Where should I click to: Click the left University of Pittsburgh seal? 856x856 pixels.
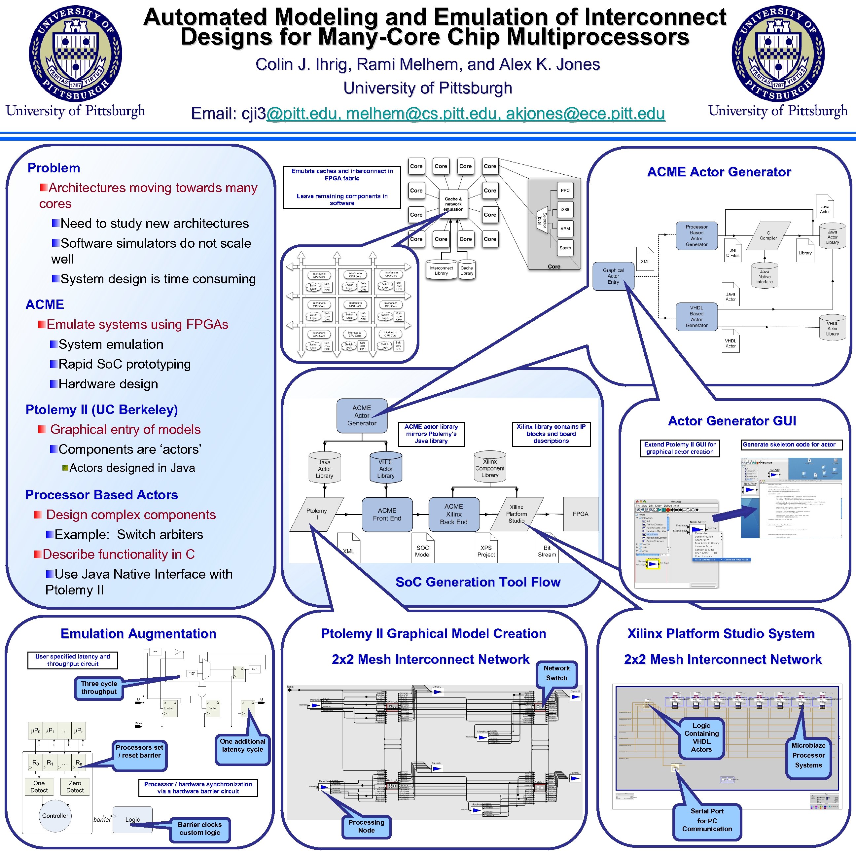pos(75,54)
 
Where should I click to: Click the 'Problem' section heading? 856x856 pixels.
pos(54,168)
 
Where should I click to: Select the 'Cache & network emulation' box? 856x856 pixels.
pos(453,204)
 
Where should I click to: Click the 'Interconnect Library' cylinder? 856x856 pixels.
pos(441,270)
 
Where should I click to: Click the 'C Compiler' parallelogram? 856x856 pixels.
pos(768,235)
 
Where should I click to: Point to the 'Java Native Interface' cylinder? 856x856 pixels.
pos(764,276)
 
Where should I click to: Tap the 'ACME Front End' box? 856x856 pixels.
pos(387,515)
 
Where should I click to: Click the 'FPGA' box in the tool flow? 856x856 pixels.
pos(580,514)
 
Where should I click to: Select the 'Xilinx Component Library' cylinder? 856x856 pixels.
pos(489,468)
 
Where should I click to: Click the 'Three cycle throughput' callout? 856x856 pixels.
pos(99,688)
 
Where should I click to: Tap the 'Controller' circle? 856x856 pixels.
pos(55,816)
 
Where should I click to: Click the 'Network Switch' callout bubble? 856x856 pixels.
pos(556,673)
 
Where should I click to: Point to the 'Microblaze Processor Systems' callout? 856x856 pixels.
pos(808,755)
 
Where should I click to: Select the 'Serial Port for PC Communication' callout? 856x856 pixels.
pos(707,820)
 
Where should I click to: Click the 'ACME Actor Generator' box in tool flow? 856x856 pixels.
pos(362,415)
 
